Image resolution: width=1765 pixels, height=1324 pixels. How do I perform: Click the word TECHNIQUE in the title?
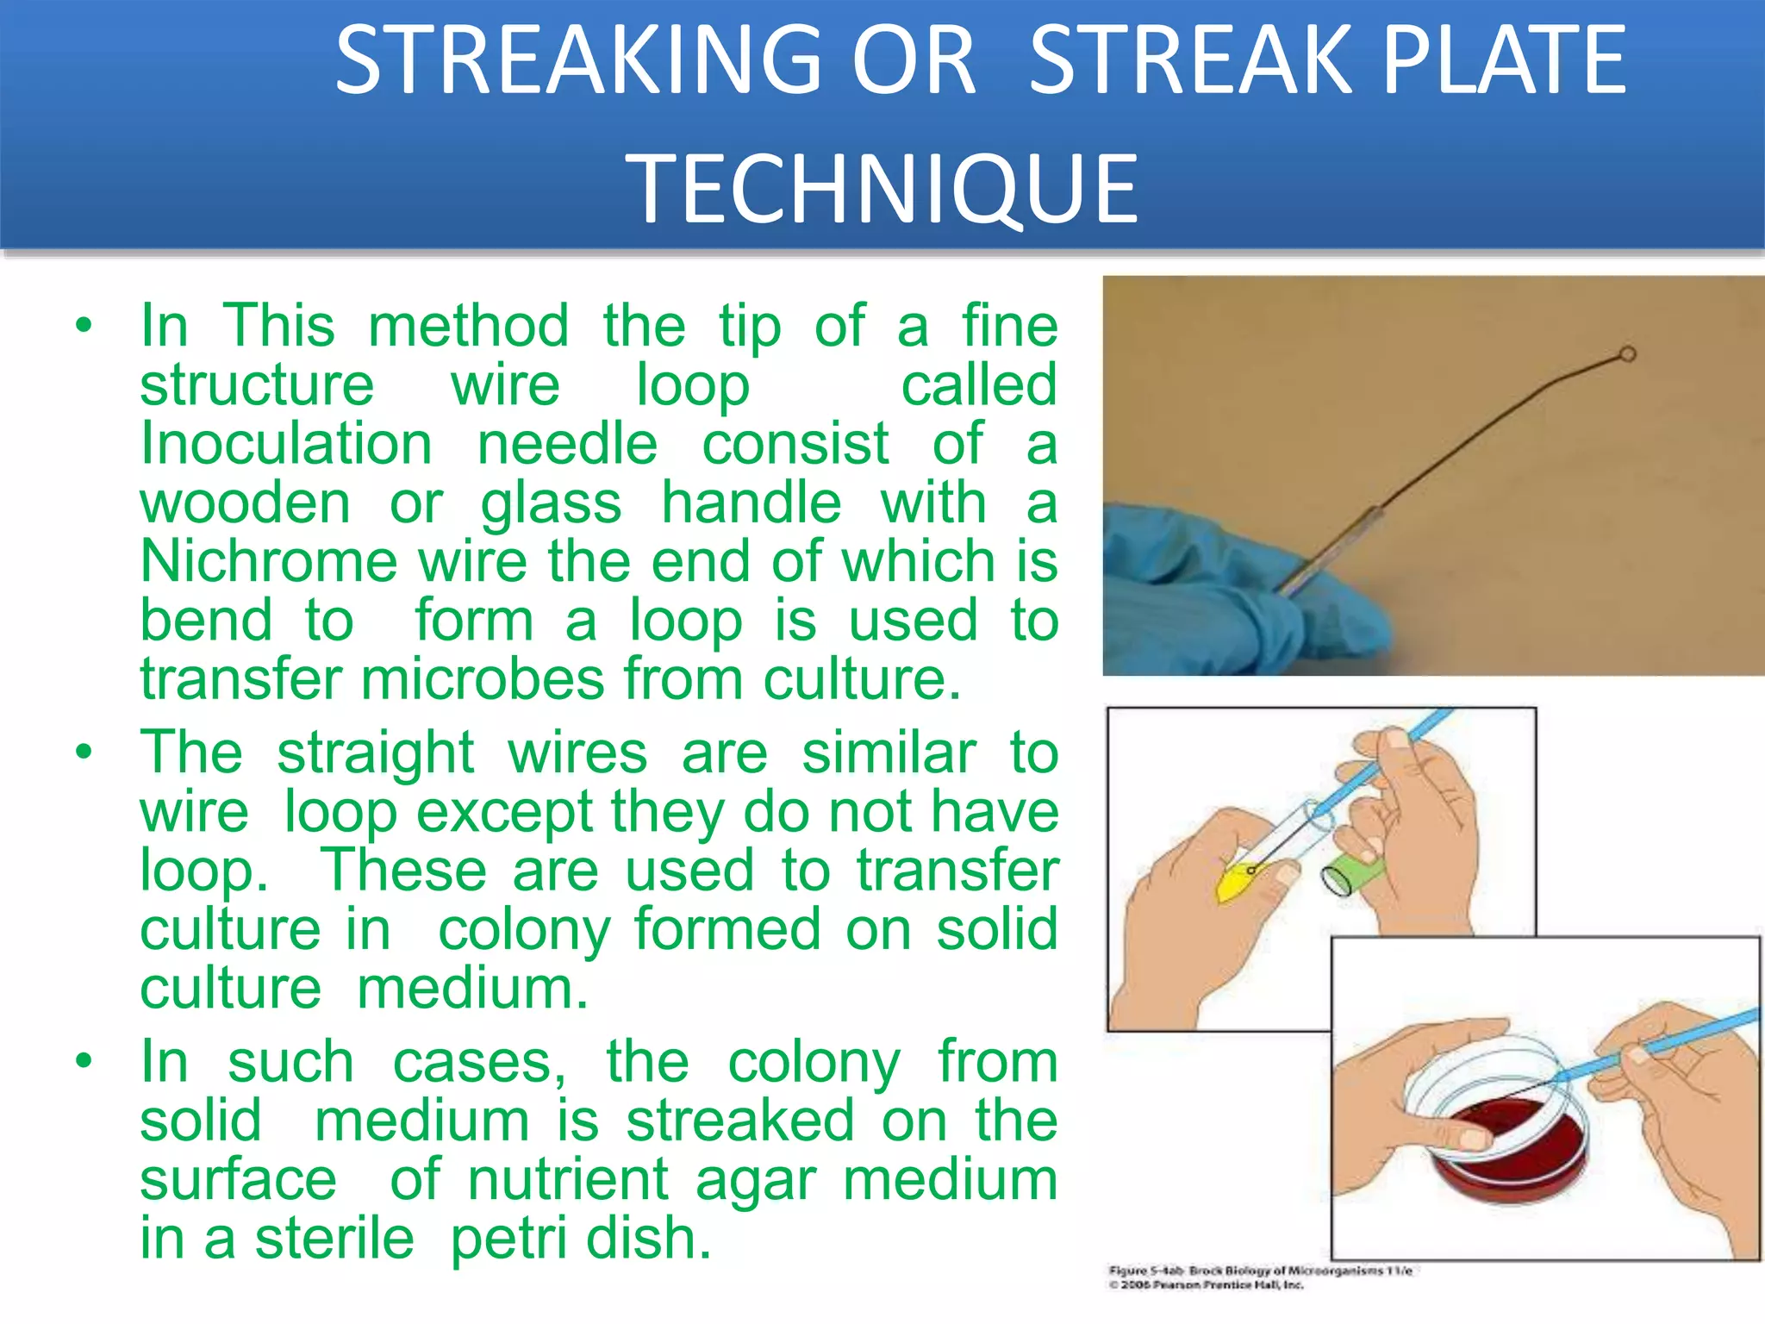coord(882,188)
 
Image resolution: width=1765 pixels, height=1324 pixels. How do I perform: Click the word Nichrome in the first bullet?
coord(269,562)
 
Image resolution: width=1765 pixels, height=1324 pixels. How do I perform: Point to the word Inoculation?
coord(286,445)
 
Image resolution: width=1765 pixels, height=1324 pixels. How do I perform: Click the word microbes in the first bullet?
coord(483,680)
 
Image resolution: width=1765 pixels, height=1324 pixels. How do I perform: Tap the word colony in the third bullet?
coord(814,1063)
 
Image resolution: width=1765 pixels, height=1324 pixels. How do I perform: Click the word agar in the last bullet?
coord(756,1181)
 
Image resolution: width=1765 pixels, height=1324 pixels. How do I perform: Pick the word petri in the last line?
coord(497,1240)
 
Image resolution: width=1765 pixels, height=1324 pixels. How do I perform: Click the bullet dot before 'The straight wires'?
coord(84,753)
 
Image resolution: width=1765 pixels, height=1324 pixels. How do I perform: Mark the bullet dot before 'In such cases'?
coord(84,1061)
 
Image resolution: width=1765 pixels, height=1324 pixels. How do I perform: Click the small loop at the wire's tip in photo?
coord(1627,354)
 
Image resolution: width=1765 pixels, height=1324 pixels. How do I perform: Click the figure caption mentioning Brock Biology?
coord(1260,1271)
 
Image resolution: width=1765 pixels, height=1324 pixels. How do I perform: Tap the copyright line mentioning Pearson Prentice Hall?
coord(1207,1285)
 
